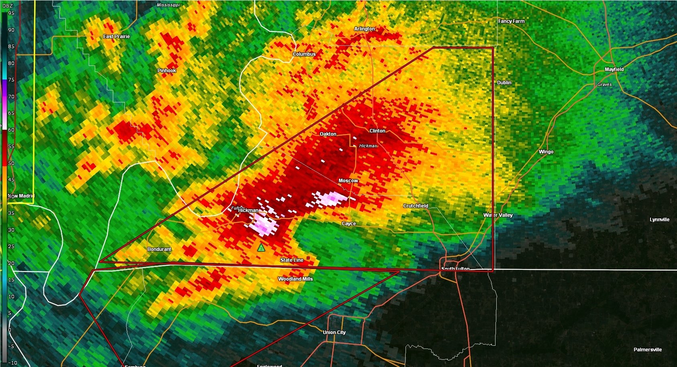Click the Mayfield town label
(x=614, y=69)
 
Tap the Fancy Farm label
(x=511, y=21)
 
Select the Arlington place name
(x=364, y=29)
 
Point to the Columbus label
(x=304, y=54)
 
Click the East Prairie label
(x=116, y=37)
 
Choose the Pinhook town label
(x=167, y=71)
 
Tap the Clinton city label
(x=377, y=131)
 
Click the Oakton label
(x=328, y=134)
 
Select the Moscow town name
(x=348, y=181)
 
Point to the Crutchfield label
(x=416, y=206)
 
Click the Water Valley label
(x=498, y=215)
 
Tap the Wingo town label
(x=546, y=152)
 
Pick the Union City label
(x=334, y=332)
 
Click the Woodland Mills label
(x=295, y=279)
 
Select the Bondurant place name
(x=159, y=249)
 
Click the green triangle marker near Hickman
(x=261, y=248)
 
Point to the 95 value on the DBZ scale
(x=11, y=13)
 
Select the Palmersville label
(x=647, y=350)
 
